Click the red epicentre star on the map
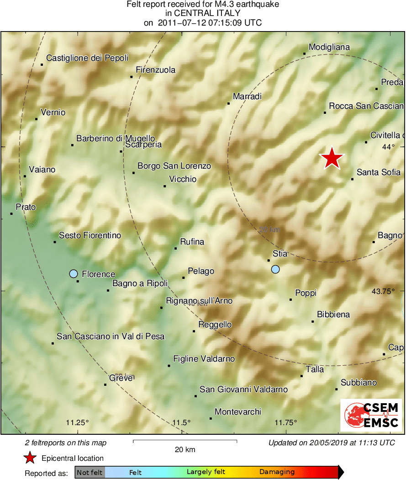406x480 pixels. point(332,158)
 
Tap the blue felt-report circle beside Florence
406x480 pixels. point(73,274)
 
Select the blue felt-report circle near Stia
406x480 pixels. point(275,269)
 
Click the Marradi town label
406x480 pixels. point(247,96)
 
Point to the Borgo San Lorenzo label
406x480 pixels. point(174,166)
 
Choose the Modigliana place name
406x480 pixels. point(329,47)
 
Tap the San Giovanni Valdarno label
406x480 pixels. point(244,389)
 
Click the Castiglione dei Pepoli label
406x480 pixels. point(87,58)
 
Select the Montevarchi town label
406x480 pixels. point(238,412)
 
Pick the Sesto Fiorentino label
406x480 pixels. point(90,235)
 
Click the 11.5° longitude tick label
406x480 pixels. point(182,422)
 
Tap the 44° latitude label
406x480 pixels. point(388,147)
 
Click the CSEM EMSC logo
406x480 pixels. point(371,415)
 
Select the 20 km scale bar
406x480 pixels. point(185,441)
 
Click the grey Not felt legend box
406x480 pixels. point(90,472)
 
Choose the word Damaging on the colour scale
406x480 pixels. point(277,472)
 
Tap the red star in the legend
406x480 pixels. point(30,458)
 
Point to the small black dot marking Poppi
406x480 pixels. point(290,299)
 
